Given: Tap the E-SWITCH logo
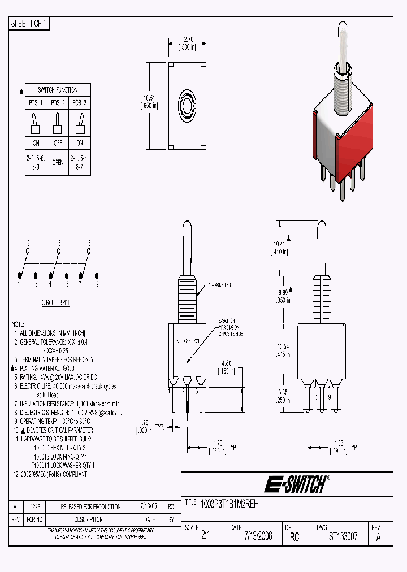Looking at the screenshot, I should (x=295, y=484).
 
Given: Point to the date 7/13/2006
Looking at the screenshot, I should (x=258, y=536).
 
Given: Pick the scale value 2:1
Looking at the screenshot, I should (x=205, y=536).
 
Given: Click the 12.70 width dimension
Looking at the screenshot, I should (x=186, y=40).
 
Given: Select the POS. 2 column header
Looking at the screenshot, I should (x=57, y=103).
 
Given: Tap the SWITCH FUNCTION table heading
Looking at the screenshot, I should (x=57, y=90).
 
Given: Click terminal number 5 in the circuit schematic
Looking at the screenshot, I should (x=59, y=242).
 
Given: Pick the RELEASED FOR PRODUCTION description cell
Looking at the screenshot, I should (x=90, y=506).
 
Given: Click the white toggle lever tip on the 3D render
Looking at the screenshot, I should (x=343, y=30).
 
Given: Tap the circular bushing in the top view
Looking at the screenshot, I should (x=187, y=105).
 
